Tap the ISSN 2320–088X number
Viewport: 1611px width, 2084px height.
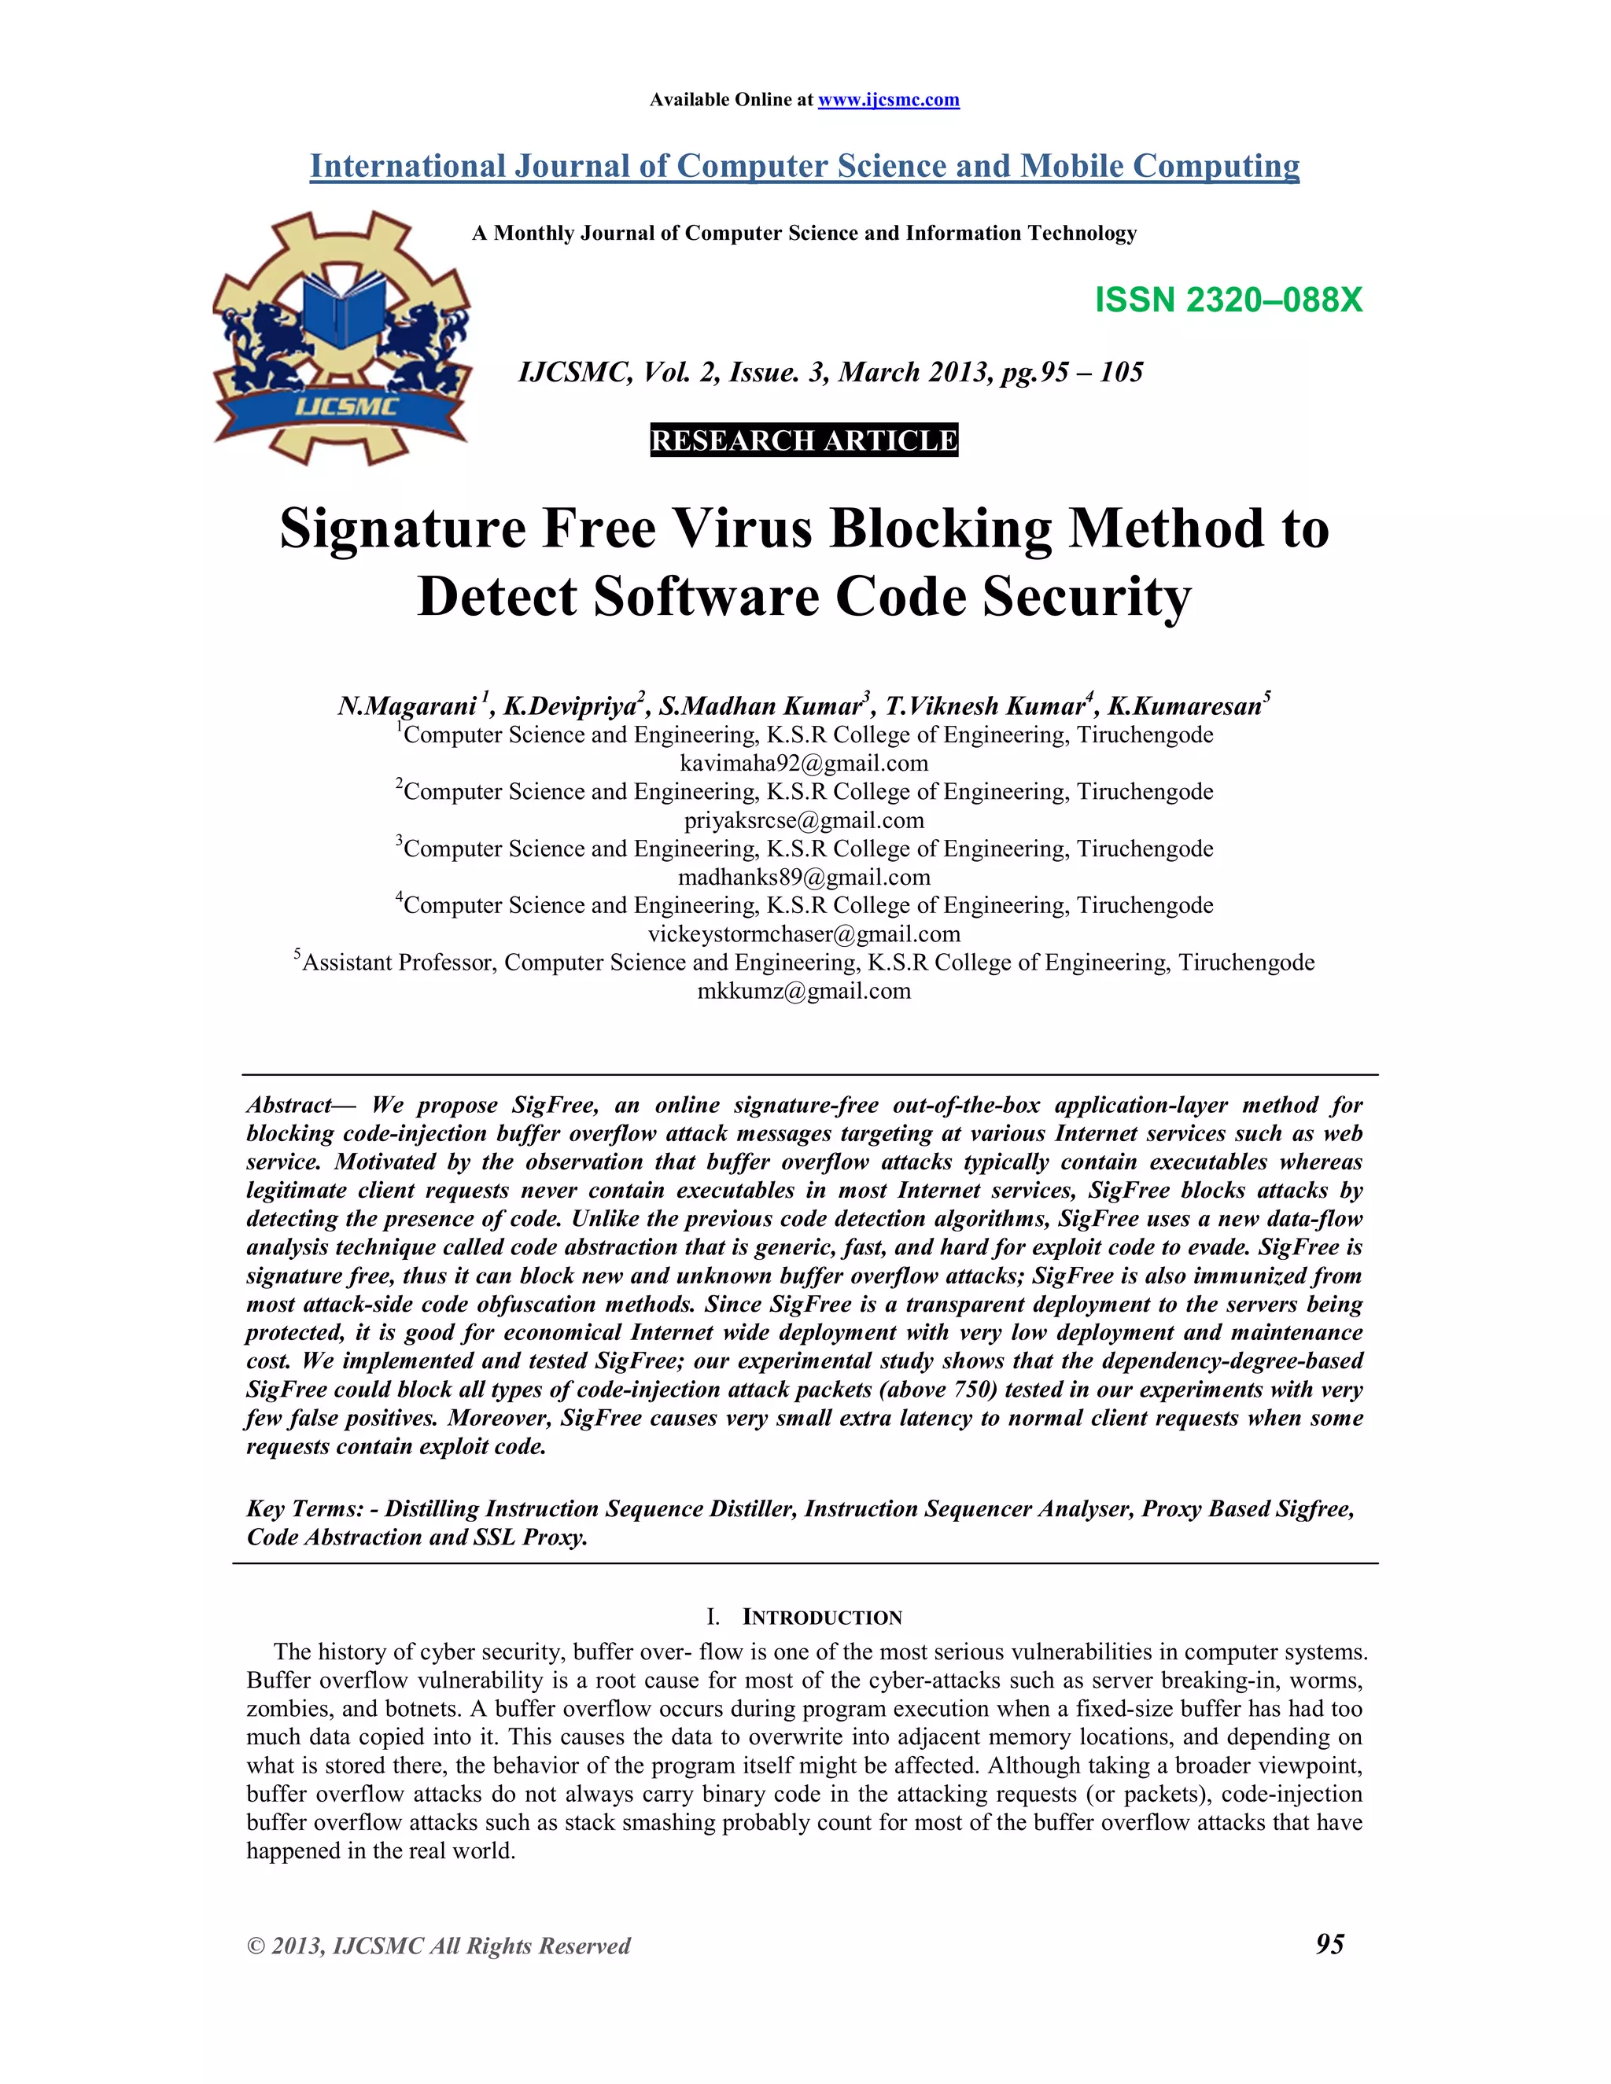pyautogui.click(x=1228, y=300)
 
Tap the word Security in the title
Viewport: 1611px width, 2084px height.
pyautogui.click(x=1087, y=598)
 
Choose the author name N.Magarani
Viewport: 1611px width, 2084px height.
pyautogui.click(x=407, y=706)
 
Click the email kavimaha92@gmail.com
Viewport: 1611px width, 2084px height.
pyautogui.click(x=804, y=764)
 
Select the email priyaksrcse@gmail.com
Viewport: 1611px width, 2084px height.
pyautogui.click(x=804, y=820)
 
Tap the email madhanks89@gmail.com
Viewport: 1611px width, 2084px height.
pyautogui.click(x=804, y=877)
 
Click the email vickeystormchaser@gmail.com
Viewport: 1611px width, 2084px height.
pyautogui.click(x=804, y=934)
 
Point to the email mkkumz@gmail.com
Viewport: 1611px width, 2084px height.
pyautogui.click(x=804, y=992)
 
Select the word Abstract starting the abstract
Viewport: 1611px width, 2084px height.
pyautogui.click(x=288, y=1105)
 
